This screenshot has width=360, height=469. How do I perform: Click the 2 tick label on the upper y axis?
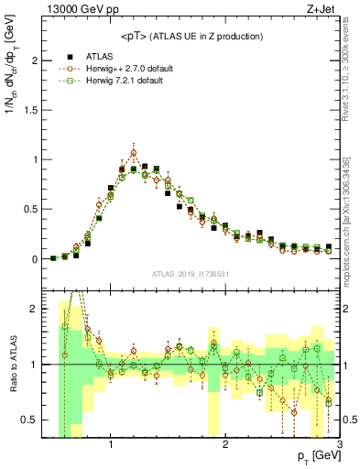(x=34, y=60)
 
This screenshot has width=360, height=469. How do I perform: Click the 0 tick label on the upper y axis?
(x=34, y=259)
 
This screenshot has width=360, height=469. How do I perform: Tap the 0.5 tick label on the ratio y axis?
(x=30, y=420)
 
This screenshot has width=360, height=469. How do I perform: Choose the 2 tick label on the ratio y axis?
(x=34, y=309)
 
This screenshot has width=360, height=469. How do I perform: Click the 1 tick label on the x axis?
(x=111, y=445)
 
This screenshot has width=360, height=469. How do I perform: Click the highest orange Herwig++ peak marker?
(x=134, y=153)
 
